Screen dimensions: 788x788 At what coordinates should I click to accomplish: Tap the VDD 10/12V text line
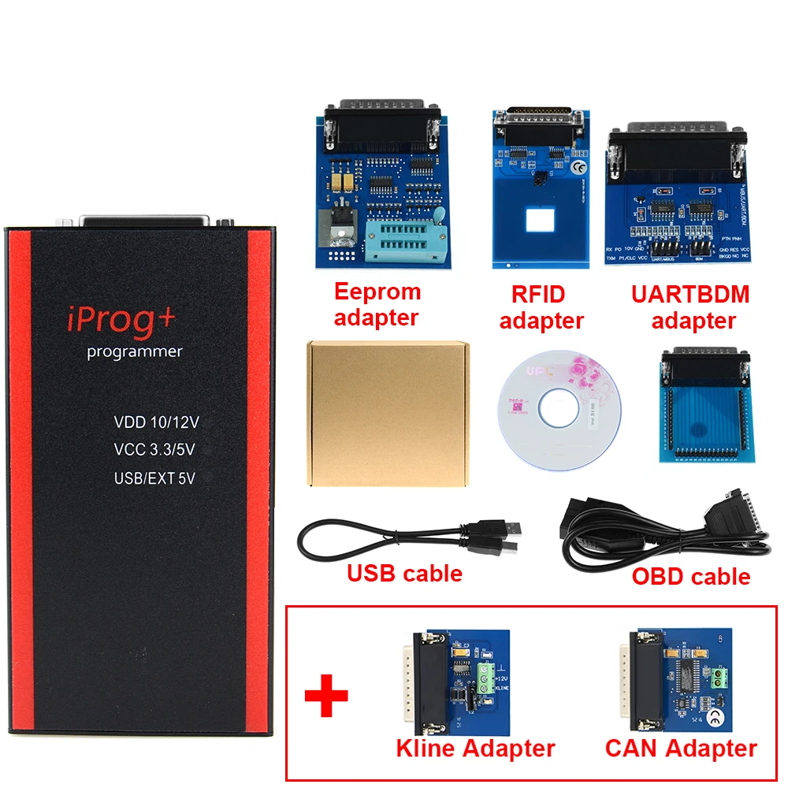156,422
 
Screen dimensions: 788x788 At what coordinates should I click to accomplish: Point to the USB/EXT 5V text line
154,478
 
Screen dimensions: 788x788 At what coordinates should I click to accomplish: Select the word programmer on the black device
135,351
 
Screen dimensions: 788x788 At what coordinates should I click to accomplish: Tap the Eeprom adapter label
377,304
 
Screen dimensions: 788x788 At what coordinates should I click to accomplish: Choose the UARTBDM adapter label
690,307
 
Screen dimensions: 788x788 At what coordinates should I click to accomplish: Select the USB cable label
404,573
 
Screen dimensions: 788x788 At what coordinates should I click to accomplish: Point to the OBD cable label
691,576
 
